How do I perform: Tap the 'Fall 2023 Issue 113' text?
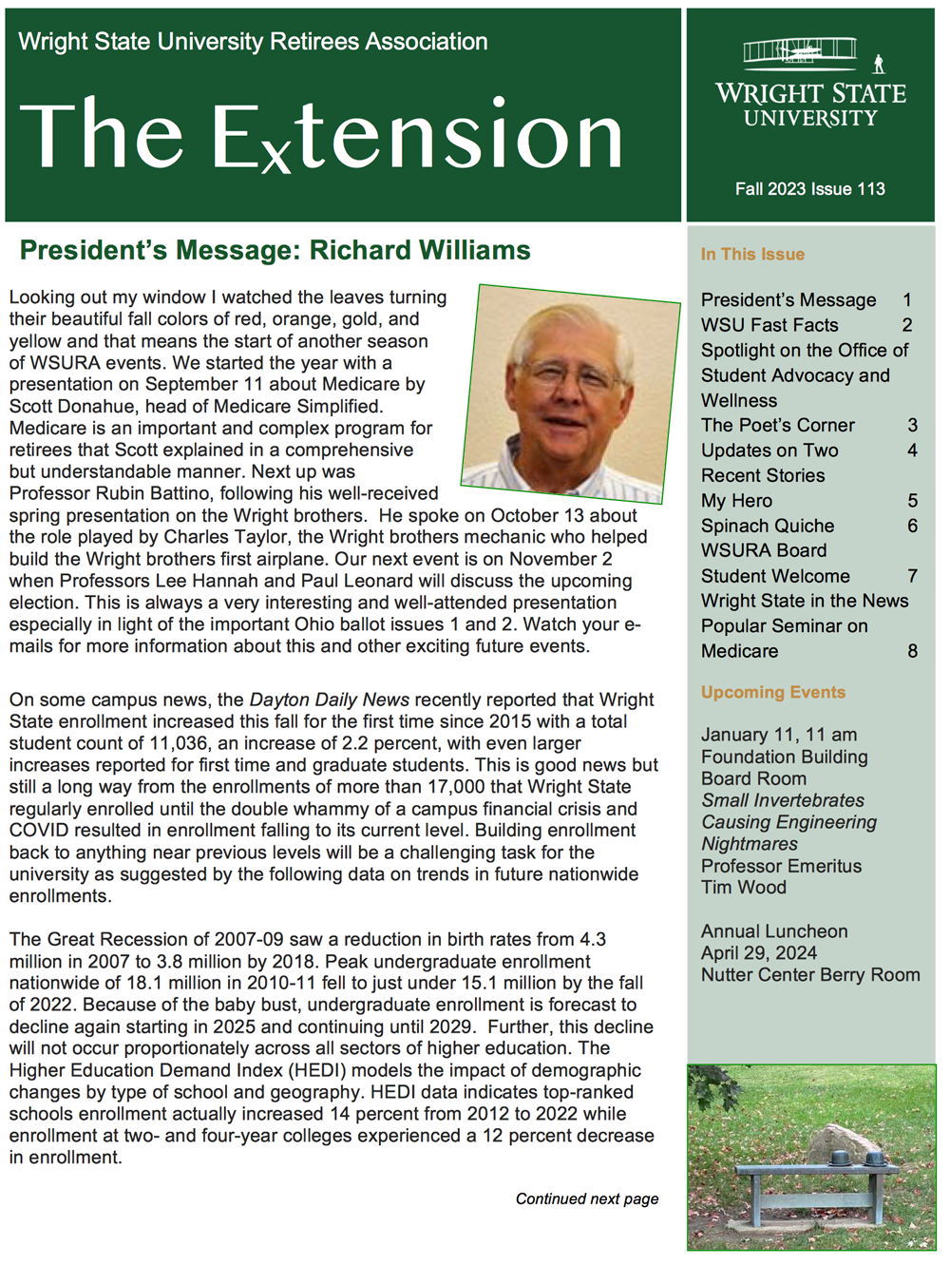coord(809,189)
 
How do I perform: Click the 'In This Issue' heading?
coord(752,255)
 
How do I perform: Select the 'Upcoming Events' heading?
coord(772,693)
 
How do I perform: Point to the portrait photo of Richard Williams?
coord(570,393)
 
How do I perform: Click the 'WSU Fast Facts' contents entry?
coord(769,325)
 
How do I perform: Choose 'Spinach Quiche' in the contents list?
coord(768,526)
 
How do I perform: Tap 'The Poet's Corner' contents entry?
coord(777,425)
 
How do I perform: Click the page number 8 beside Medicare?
coord(912,651)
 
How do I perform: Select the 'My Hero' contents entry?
coord(736,501)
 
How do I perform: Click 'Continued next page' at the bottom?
coord(586,1199)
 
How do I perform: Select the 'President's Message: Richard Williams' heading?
coord(275,251)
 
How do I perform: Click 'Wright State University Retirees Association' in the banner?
coord(253,42)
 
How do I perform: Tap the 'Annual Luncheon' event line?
coord(773,931)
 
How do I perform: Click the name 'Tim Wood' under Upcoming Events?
coord(743,888)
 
